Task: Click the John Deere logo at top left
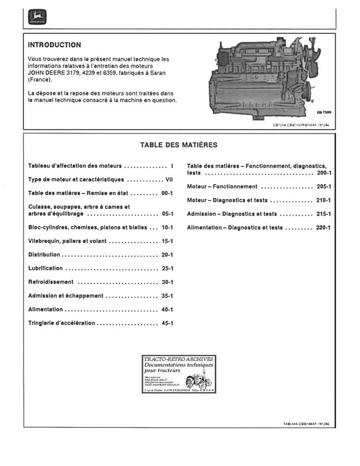tap(37, 18)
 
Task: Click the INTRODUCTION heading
tap(54, 45)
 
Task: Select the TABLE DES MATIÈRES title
tap(179, 145)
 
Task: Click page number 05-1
tap(167, 214)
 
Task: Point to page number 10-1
tap(167, 228)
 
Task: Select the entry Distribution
tap(44, 255)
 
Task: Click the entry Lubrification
tap(46, 269)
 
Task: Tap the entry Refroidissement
tap(51, 282)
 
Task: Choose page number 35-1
tap(167, 296)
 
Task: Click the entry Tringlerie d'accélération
tap(61, 323)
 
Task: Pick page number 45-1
tap(167, 323)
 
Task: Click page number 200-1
tap(323, 173)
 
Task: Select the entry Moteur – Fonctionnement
tap(222, 187)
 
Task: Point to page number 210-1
tap(323, 201)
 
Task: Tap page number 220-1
tap(323, 228)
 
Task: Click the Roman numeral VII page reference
tap(169, 180)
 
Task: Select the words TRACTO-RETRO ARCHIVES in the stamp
tap(179, 359)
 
